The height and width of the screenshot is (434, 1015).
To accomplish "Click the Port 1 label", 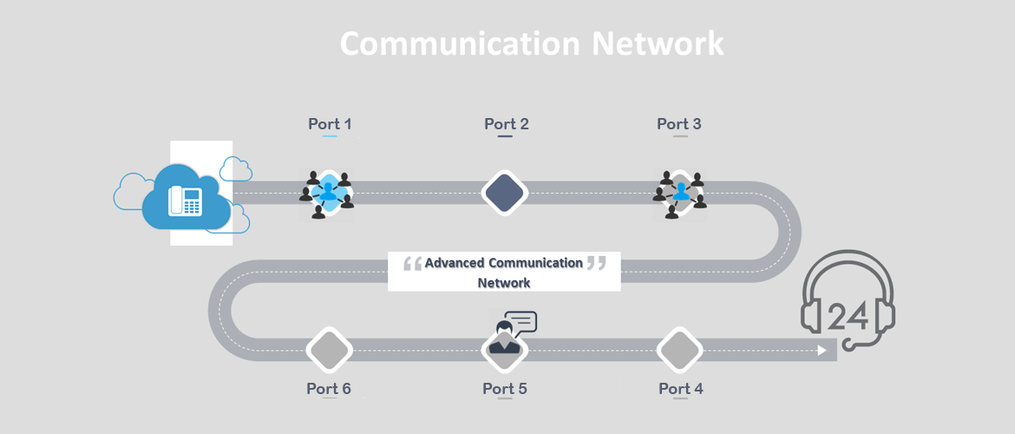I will click(x=330, y=124).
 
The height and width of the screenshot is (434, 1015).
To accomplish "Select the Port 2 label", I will click(x=507, y=124).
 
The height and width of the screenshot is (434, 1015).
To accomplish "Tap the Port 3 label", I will click(x=679, y=124).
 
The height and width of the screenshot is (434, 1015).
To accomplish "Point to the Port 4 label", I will click(x=681, y=389).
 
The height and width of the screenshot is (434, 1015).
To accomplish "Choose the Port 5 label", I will click(x=505, y=389).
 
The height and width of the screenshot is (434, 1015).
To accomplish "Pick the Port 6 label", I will click(x=329, y=389).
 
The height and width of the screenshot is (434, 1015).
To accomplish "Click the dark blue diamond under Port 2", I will click(x=505, y=193).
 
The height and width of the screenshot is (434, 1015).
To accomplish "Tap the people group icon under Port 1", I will click(x=327, y=194).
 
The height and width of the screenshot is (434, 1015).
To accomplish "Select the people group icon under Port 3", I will click(x=680, y=194).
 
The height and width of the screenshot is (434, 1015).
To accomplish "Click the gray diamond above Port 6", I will click(x=329, y=351).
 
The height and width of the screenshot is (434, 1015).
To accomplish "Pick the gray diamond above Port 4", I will click(x=679, y=351).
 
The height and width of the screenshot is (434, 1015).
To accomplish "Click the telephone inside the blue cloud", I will click(x=185, y=201).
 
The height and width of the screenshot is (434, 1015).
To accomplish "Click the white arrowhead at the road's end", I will click(x=821, y=351).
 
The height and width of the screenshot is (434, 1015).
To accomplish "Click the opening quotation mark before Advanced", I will click(x=413, y=262).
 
